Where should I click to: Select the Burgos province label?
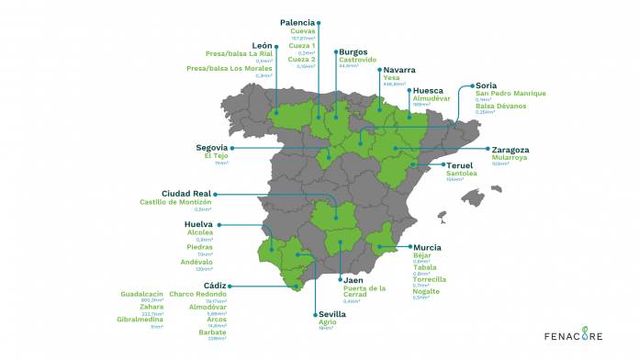353,52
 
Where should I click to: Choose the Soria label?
487,85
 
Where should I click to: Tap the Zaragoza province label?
510,150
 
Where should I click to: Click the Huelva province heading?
198,223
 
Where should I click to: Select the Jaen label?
354,279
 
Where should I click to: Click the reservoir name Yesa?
392,79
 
